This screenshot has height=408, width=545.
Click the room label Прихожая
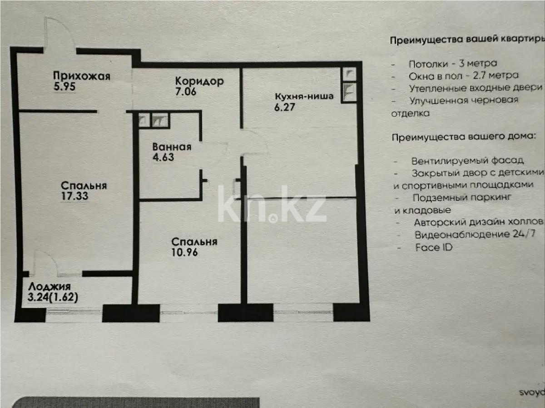[x=81, y=76]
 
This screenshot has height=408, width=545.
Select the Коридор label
[x=199, y=82]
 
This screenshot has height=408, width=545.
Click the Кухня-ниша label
[x=304, y=96]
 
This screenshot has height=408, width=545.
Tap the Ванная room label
[x=172, y=147]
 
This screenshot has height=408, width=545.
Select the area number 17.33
[x=74, y=197]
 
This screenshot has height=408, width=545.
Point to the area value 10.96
[x=184, y=253]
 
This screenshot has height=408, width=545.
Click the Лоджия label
[x=50, y=287]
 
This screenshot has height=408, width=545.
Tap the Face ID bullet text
[x=434, y=248]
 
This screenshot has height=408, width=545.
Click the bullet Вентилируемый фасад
[x=468, y=161]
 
